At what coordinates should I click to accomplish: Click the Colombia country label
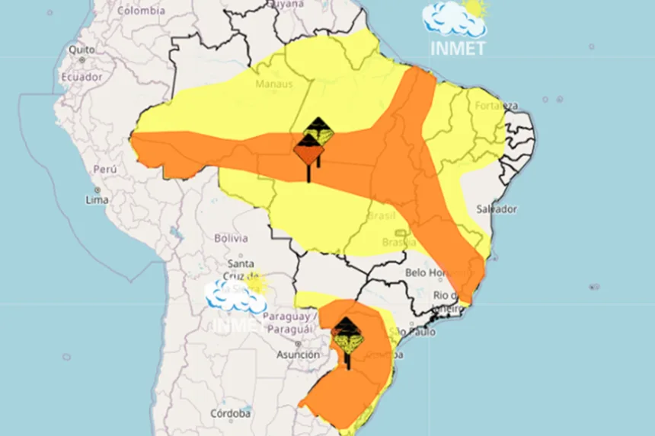(x=141, y=11)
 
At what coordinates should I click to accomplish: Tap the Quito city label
(x=81, y=49)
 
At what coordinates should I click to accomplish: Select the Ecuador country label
(x=81, y=77)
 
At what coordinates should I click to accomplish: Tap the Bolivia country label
(x=231, y=238)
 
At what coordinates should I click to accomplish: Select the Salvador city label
(x=497, y=208)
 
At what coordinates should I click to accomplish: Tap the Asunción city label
(x=298, y=355)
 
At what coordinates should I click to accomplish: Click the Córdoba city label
(x=231, y=414)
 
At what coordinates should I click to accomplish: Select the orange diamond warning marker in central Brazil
(x=308, y=155)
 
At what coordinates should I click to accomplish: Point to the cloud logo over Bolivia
(x=235, y=295)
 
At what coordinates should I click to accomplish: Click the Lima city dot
(x=97, y=189)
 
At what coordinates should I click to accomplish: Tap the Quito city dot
(x=81, y=59)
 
